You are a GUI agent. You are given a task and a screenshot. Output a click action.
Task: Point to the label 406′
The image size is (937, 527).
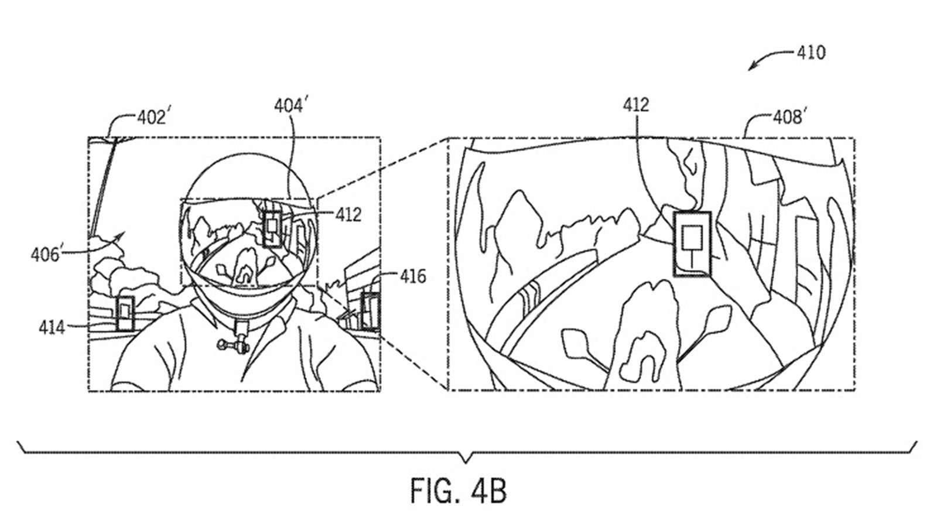[47, 254]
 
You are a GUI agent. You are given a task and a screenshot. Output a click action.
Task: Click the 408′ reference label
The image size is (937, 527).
[788, 118]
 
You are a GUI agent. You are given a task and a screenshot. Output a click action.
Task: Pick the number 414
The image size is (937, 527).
[52, 327]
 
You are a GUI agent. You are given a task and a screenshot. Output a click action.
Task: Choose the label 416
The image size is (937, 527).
[413, 276]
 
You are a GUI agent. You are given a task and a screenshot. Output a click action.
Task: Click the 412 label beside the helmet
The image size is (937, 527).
[348, 215]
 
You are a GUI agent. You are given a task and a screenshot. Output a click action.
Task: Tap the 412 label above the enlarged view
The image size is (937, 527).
[636, 105]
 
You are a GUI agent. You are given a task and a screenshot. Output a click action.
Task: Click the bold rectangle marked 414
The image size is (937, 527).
[125, 314]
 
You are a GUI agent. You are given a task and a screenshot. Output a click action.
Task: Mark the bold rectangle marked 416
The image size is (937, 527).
[370, 312]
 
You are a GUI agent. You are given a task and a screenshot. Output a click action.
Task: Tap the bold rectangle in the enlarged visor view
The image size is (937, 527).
[692, 244]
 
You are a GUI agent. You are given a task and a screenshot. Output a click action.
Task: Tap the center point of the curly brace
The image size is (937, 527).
[466, 462]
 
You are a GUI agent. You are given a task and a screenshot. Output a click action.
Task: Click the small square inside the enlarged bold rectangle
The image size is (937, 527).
[692, 237]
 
